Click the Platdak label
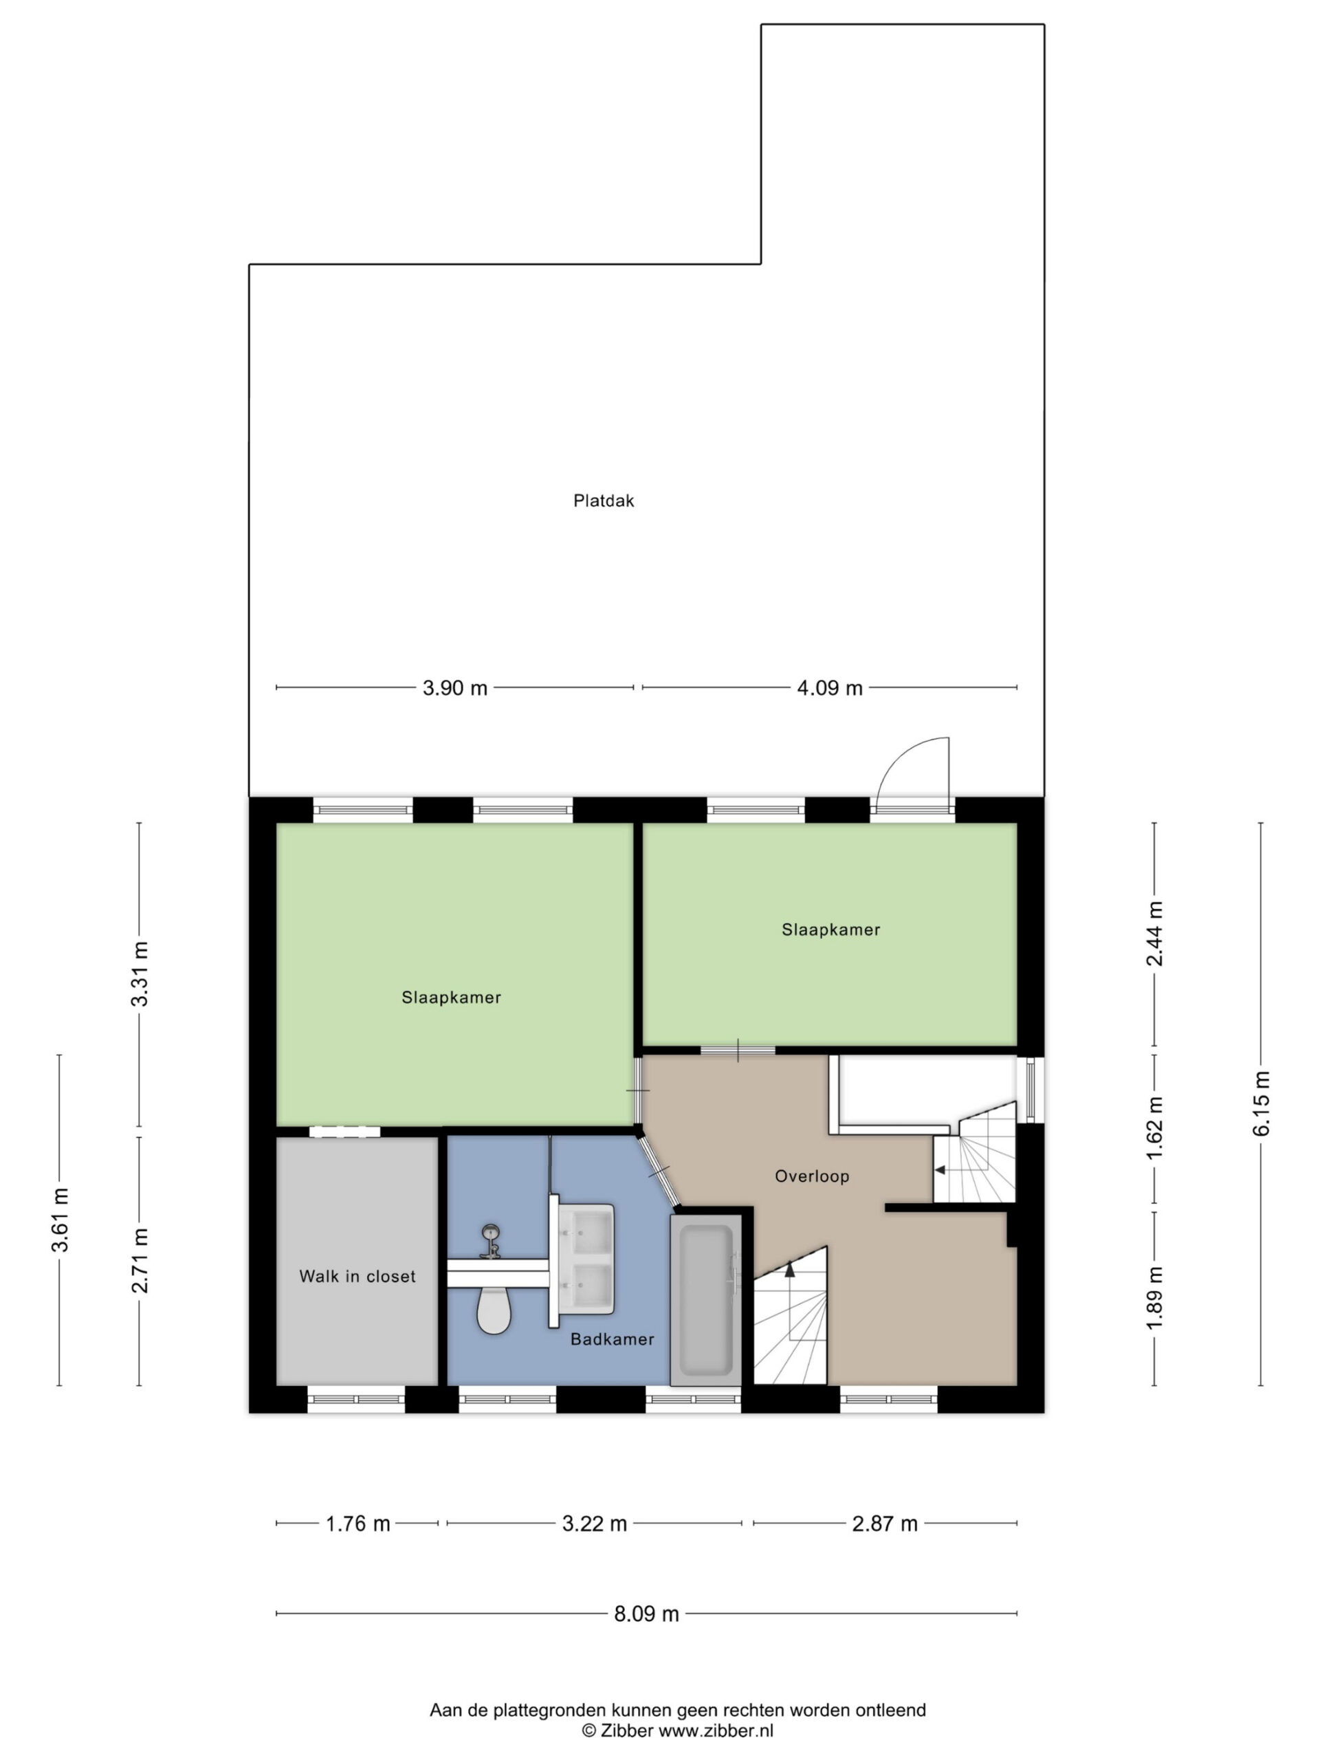604,500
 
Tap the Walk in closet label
357,1276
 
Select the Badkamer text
612,1339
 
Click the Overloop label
811,1176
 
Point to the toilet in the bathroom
494,1310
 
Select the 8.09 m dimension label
646,1614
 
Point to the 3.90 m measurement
454,687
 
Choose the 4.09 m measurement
830,687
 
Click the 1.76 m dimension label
358,1523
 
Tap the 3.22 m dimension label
595,1523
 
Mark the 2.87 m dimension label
885,1523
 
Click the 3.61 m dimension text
60,1220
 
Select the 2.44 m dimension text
1154,934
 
